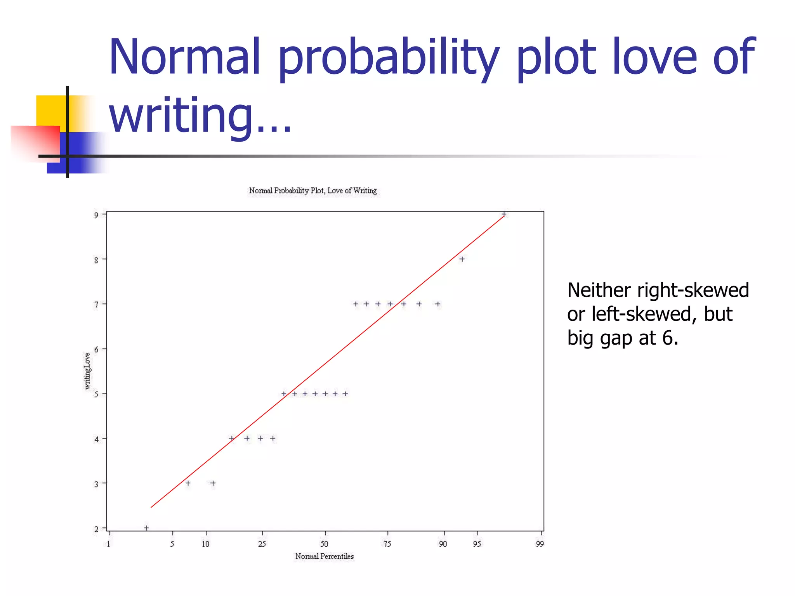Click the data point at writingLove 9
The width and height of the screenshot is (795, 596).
point(504,214)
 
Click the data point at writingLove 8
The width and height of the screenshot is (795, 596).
point(462,259)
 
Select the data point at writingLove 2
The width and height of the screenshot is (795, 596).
point(146,528)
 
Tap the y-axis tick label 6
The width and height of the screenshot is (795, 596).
point(96,349)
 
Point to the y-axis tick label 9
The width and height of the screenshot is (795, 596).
point(96,215)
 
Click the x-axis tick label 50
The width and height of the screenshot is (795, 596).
point(325,544)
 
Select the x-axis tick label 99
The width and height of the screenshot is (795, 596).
point(540,544)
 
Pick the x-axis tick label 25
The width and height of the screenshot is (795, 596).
point(262,544)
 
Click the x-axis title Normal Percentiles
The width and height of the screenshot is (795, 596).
point(325,556)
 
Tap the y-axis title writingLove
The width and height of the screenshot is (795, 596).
point(87,371)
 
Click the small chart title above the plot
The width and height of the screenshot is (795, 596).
point(313,191)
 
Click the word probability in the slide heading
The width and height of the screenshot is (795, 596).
point(389,58)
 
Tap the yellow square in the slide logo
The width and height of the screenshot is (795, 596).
point(50,111)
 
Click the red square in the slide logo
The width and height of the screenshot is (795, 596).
point(35,142)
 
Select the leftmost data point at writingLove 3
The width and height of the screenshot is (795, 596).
point(188,483)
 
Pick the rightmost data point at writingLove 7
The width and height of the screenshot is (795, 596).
point(438,304)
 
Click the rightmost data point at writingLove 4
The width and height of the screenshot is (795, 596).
point(273,438)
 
